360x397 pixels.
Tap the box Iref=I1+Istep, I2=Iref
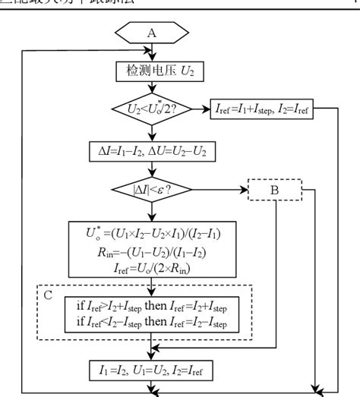click(261, 110)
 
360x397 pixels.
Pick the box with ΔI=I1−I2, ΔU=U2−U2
click(154, 150)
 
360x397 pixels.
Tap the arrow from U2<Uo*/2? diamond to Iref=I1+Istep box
click(199, 110)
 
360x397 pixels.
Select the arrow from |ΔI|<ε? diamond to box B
click(220, 187)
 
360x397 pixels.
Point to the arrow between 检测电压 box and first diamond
click(154, 87)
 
